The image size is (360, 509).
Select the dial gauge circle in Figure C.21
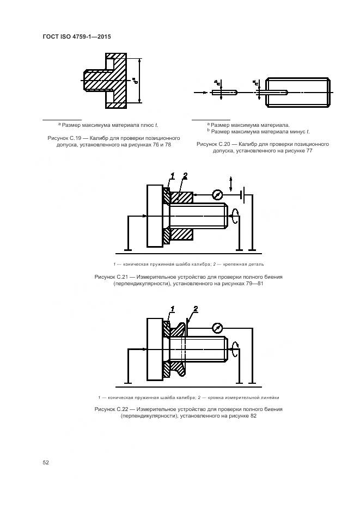pyautogui.click(x=217, y=194)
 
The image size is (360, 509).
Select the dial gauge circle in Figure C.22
pyautogui.click(x=217, y=328)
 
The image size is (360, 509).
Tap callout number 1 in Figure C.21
pyautogui.click(x=172, y=176)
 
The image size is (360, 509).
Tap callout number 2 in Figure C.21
pyautogui.click(x=185, y=176)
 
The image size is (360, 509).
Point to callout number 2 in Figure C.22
pyautogui.click(x=194, y=309)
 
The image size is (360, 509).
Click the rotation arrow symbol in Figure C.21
pyautogui.click(x=235, y=213)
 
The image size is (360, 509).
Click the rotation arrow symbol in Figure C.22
pyautogui.click(x=235, y=347)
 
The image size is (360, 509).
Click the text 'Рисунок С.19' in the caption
pyautogui.click(x=65, y=138)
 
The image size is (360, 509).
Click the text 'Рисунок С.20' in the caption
pyautogui.click(x=213, y=144)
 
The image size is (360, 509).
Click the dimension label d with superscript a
pyautogui.click(x=134, y=82)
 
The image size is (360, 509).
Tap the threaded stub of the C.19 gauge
pyautogui.click(x=93, y=80)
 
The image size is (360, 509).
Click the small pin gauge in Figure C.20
pyautogui.click(x=224, y=93)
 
